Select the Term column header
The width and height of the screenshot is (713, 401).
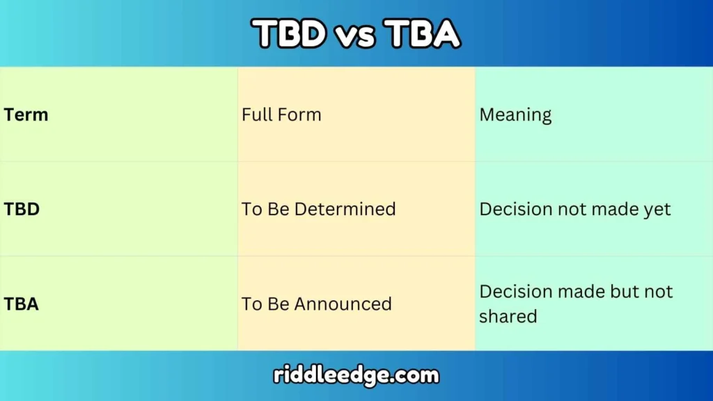pyautogui.click(x=26, y=115)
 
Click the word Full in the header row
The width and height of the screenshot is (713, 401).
pyautogui.click(x=258, y=114)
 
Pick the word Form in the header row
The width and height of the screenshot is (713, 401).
pyautogui.click(x=299, y=114)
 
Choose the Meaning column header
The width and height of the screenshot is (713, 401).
pyautogui.click(x=515, y=115)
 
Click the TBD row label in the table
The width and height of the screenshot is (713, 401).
pyautogui.click(x=22, y=209)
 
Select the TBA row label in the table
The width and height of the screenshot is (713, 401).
pyautogui.click(x=22, y=304)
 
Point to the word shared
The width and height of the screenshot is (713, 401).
pyautogui.click(x=508, y=316)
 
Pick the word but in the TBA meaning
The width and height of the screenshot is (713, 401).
pyautogui.click(x=615, y=291)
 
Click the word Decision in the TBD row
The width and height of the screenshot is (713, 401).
pyautogui.click(x=514, y=209)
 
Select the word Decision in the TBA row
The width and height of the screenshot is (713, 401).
pyautogui.click(x=514, y=291)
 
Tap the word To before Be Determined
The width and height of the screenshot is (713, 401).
pyautogui.click(x=251, y=209)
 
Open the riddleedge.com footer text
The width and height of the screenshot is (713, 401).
pyautogui.click(x=356, y=376)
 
